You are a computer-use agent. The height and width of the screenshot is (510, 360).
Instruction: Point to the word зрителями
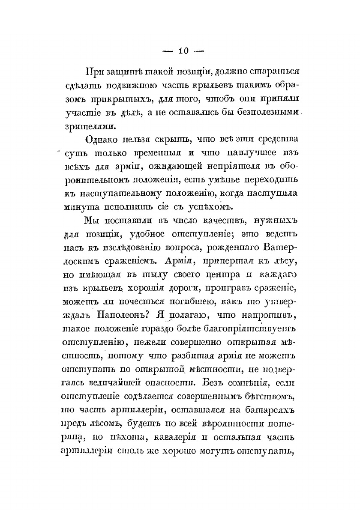(96, 125)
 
